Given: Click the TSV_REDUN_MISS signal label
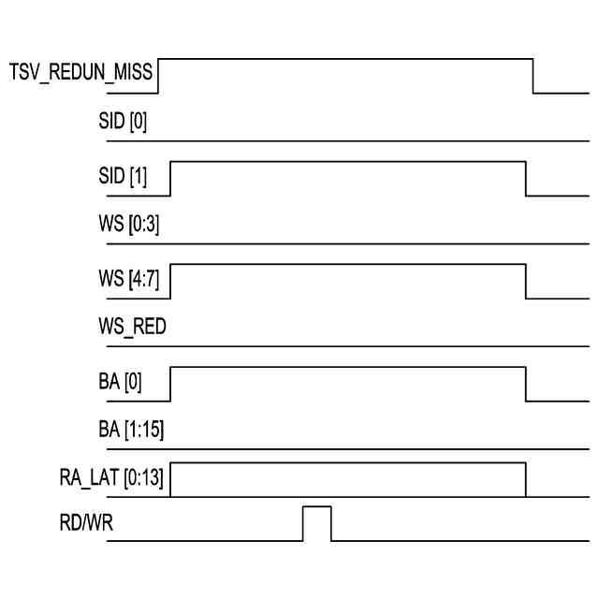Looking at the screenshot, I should [82, 72].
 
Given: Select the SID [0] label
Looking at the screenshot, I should [123, 123].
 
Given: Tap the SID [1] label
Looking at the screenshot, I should [123, 174].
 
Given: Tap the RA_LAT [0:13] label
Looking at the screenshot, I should [107, 479].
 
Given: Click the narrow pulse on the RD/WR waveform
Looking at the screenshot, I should [317, 522].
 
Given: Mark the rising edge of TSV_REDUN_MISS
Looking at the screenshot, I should [158, 76].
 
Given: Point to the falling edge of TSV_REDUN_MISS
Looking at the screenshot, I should [533, 76].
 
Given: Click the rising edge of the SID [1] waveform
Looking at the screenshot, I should [170, 179].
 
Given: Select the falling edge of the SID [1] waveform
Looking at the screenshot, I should [526, 179].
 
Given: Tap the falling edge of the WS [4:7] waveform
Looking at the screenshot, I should [526, 282].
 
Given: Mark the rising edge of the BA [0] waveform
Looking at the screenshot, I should [170, 384].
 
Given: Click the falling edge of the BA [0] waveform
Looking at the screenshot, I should [526, 384].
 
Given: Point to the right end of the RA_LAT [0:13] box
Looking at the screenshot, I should [526, 479].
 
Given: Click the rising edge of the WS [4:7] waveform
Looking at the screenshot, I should [170, 282].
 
